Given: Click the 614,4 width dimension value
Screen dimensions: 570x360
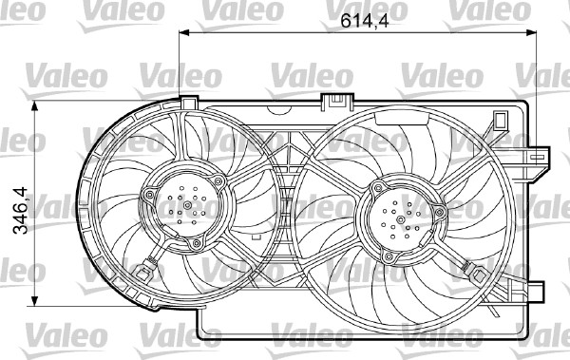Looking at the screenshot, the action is (x=364, y=21).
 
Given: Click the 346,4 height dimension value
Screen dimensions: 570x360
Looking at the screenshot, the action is (x=21, y=211).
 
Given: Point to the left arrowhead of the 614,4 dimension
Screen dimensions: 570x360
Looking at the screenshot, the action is (x=184, y=32).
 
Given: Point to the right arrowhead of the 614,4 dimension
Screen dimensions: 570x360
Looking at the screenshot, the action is (x=531, y=32).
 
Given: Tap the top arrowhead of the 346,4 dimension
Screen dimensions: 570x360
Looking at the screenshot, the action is (x=34, y=105).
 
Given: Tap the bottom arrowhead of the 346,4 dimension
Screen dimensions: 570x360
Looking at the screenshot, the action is (x=34, y=301).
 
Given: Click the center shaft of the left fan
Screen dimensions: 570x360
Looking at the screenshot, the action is (x=187, y=205).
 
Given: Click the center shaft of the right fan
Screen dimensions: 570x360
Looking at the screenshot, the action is (x=400, y=219).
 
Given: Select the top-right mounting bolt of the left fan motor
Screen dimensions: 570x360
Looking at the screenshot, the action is (x=218, y=181).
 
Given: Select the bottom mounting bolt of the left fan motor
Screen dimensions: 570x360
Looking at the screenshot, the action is (x=197, y=243).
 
